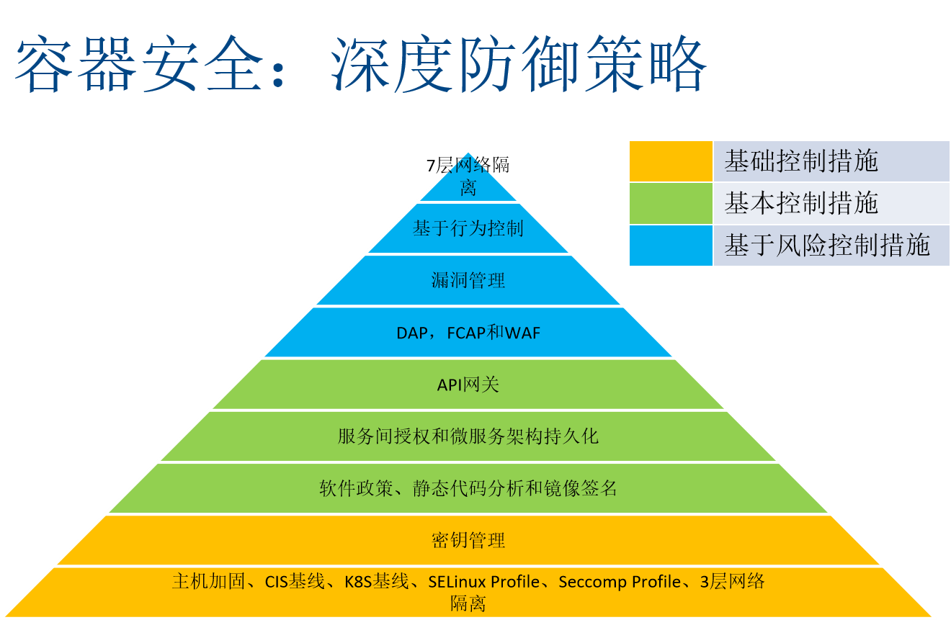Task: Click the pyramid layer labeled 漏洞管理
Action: (468, 280)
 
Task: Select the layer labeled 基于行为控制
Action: (468, 229)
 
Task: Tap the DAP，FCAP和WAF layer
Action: (468, 333)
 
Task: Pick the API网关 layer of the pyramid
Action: (468, 385)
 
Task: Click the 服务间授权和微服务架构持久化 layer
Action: (468, 436)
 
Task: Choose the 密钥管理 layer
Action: (468, 540)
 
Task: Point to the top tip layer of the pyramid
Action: (468, 180)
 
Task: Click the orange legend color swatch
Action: (671, 161)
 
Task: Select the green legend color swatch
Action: (671, 203)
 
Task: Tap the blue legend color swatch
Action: (671, 246)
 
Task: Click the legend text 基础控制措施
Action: (801, 161)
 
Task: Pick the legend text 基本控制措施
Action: (801, 203)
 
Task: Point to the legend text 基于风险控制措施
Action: (827, 246)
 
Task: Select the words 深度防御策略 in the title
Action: (519, 66)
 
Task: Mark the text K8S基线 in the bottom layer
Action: (376, 581)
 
